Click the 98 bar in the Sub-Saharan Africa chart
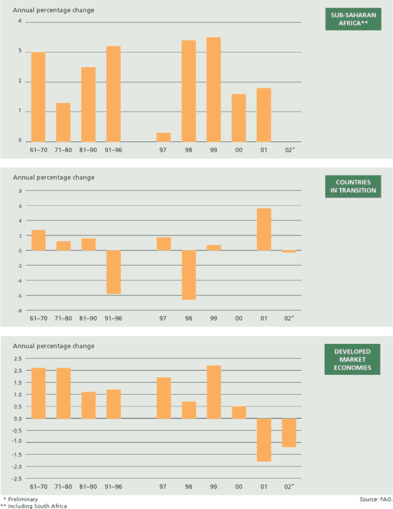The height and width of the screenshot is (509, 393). [x=188, y=91]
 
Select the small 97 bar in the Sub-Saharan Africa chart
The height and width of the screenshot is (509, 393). [x=164, y=137]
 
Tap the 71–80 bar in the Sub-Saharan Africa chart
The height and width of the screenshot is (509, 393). [x=63, y=122]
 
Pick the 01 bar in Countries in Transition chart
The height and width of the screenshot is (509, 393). [x=264, y=230]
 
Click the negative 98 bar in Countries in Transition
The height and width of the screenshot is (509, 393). [x=188, y=275]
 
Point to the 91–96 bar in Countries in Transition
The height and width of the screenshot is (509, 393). [x=114, y=272]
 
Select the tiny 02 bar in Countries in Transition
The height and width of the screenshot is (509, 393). [x=289, y=252]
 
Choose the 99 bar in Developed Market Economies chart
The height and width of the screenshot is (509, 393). [x=214, y=392]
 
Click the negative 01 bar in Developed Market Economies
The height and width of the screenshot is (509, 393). [x=264, y=440]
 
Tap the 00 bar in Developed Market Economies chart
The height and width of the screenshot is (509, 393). [x=239, y=412]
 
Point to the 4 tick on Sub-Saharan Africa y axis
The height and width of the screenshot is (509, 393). [x=19, y=21]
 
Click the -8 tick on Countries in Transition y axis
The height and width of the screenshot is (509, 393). [x=19, y=310]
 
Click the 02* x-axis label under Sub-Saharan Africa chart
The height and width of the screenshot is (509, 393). [x=290, y=150]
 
